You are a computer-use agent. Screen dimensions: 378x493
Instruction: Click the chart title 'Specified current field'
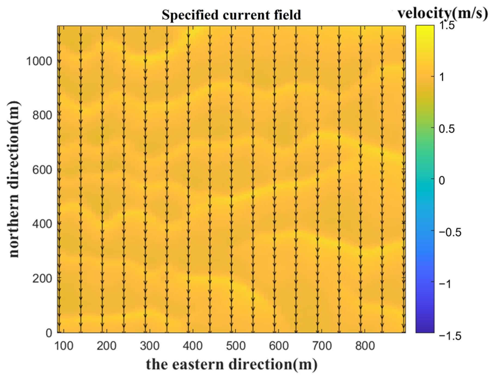click(231, 15)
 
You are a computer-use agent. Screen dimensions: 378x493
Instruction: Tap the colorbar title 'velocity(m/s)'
click(443, 13)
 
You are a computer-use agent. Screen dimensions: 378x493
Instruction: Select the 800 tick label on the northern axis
click(42, 115)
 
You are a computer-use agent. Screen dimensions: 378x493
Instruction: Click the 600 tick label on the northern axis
click(42, 170)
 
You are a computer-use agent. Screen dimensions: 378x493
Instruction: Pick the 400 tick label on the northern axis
click(42, 224)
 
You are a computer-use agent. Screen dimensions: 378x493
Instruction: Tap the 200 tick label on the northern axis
click(42, 278)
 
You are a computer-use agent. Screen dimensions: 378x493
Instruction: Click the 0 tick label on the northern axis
click(49, 333)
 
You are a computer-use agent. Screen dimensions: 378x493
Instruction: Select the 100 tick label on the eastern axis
click(64, 346)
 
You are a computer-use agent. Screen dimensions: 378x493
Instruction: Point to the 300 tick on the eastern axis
click(150, 346)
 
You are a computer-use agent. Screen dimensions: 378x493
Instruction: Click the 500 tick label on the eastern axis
click(236, 346)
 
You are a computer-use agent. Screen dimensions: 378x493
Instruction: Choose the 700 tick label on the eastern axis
click(322, 346)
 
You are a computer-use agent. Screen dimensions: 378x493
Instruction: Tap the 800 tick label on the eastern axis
click(365, 346)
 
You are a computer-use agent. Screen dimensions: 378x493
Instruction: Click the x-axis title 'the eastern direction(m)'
click(232, 364)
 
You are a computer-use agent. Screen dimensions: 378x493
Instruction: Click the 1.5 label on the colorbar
click(447, 26)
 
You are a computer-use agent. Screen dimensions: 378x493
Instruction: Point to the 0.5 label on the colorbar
click(447, 129)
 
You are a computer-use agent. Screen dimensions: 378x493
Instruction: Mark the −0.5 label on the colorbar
click(450, 232)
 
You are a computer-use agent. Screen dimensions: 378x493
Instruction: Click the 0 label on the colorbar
click(442, 180)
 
